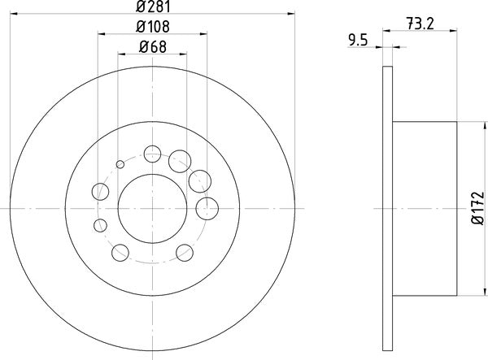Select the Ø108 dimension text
click(152, 26)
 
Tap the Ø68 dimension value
click(152, 46)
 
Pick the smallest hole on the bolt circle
click(120, 164)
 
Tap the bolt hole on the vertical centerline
click(152, 152)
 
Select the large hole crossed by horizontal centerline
click(207, 206)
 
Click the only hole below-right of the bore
click(185, 252)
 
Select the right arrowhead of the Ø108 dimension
click(203, 34)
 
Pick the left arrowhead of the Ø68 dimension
click(122, 54)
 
